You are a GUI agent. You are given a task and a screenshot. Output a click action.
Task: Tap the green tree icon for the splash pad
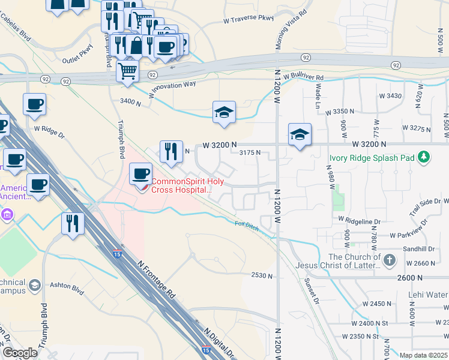424,157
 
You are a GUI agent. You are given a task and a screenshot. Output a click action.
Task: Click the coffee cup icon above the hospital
140,174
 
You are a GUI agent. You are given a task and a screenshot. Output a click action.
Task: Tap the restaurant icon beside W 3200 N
171,151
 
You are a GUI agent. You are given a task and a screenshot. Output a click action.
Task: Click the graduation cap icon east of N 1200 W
300,134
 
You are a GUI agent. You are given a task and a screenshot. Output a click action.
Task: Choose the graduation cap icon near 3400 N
224,112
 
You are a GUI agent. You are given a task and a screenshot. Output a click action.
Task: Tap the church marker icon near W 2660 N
390,260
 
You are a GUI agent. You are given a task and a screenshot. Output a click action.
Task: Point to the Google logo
20,353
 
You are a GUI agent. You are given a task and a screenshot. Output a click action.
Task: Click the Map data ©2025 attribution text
424,355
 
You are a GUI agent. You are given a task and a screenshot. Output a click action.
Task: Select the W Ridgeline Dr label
360,221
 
